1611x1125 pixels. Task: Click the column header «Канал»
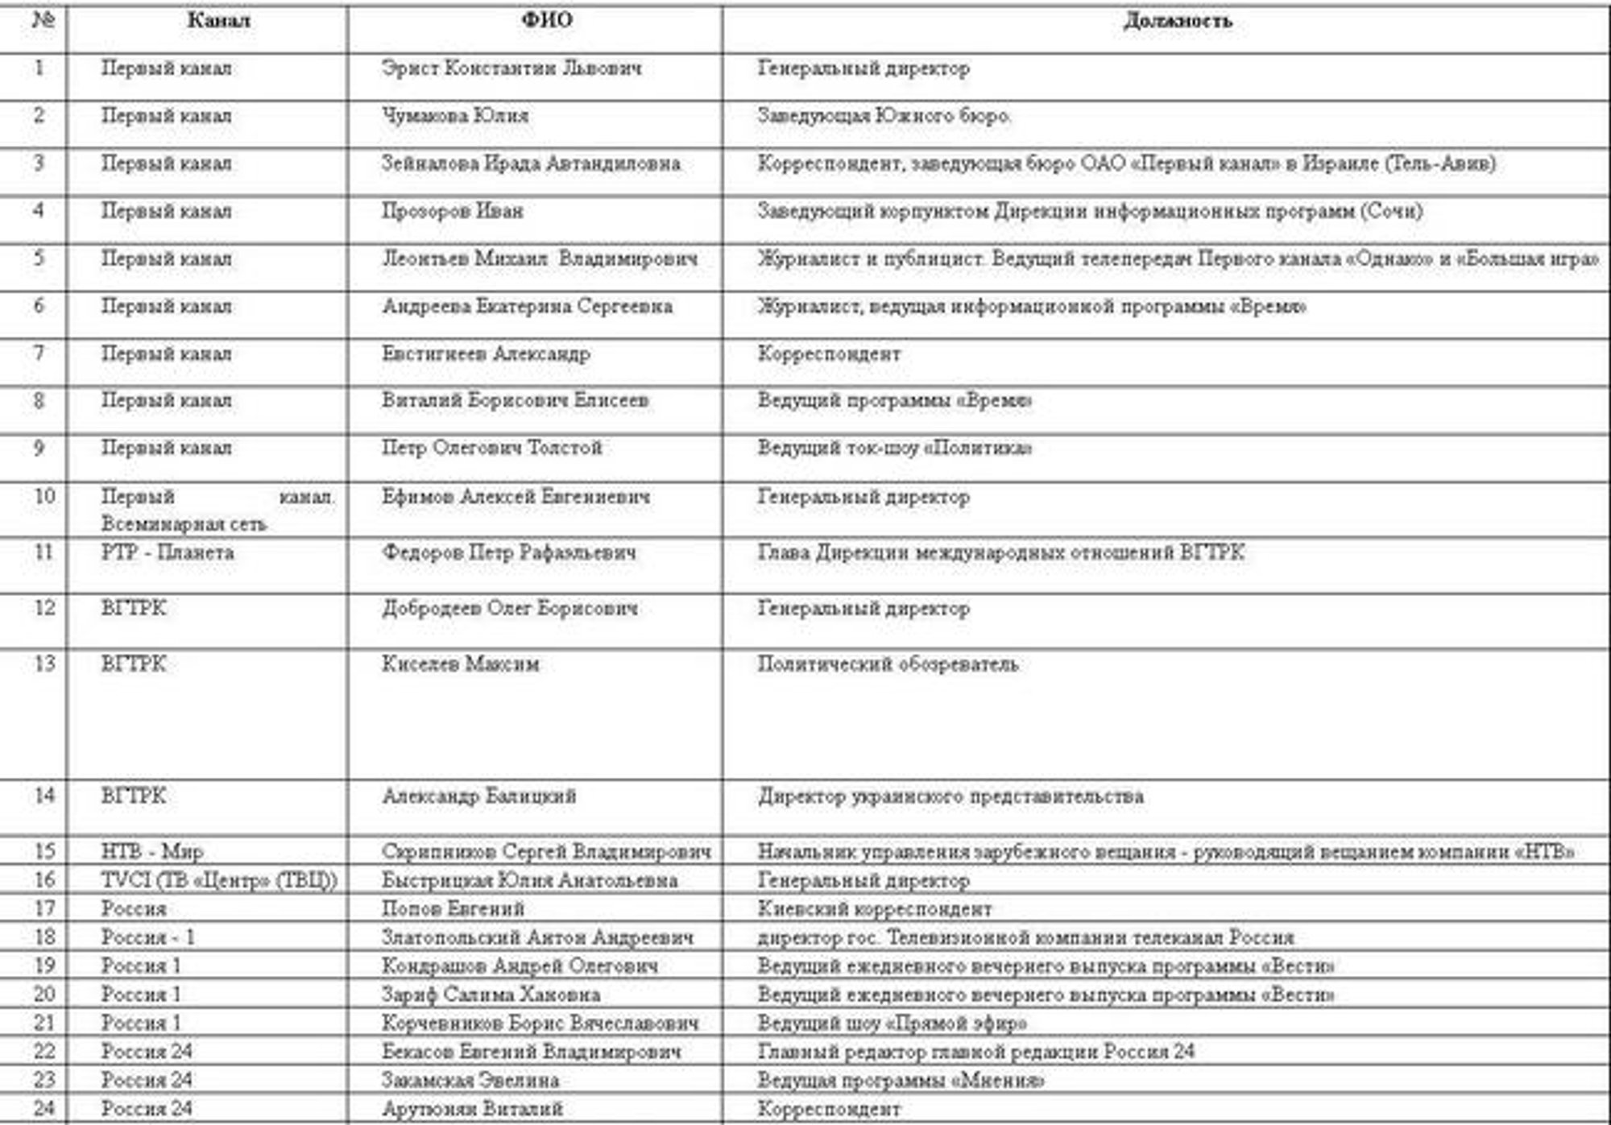pos(218,21)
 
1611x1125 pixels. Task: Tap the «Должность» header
pos(1178,21)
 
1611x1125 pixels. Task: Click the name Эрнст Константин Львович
pos(511,68)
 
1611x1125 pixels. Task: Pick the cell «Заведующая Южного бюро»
pos(884,116)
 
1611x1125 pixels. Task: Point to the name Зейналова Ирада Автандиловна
pos(531,163)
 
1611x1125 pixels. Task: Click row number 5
pos(39,259)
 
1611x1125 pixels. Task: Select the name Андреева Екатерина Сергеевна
pos(527,306)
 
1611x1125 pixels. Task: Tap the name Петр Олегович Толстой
pos(491,448)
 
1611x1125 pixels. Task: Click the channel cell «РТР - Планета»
pos(168,552)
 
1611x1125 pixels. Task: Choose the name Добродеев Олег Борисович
pos(510,608)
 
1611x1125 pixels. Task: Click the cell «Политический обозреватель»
pos(888,664)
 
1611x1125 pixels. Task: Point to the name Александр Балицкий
pos(479,796)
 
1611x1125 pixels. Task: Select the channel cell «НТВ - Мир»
pos(152,851)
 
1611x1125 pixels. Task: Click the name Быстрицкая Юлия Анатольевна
pos(529,880)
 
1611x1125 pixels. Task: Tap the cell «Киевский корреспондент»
pos(875,909)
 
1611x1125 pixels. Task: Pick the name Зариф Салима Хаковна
pos(491,995)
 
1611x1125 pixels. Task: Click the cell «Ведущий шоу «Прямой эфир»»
pos(892,1024)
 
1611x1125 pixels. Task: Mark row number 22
pos(43,1052)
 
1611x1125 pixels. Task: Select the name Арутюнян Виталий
pos(472,1109)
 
